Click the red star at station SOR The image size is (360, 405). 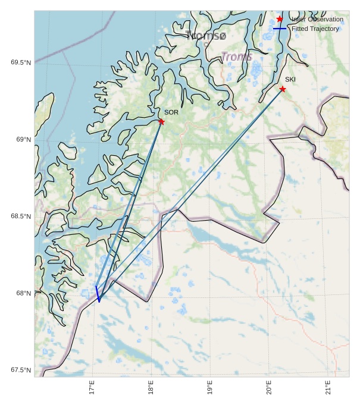(161, 121)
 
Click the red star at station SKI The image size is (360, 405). (283, 89)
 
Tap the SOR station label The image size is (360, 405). (171, 112)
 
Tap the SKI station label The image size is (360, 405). (290, 79)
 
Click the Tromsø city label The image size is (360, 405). (206, 36)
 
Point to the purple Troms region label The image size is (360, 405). (237, 56)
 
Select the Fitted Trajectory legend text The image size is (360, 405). (315, 29)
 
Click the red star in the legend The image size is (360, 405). (280, 19)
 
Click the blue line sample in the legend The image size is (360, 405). (280, 29)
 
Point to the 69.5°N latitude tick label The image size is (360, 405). (21, 63)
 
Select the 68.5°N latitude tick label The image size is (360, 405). (21, 216)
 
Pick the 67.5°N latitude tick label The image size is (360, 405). (21, 370)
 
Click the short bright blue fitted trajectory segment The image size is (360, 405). (98, 294)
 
